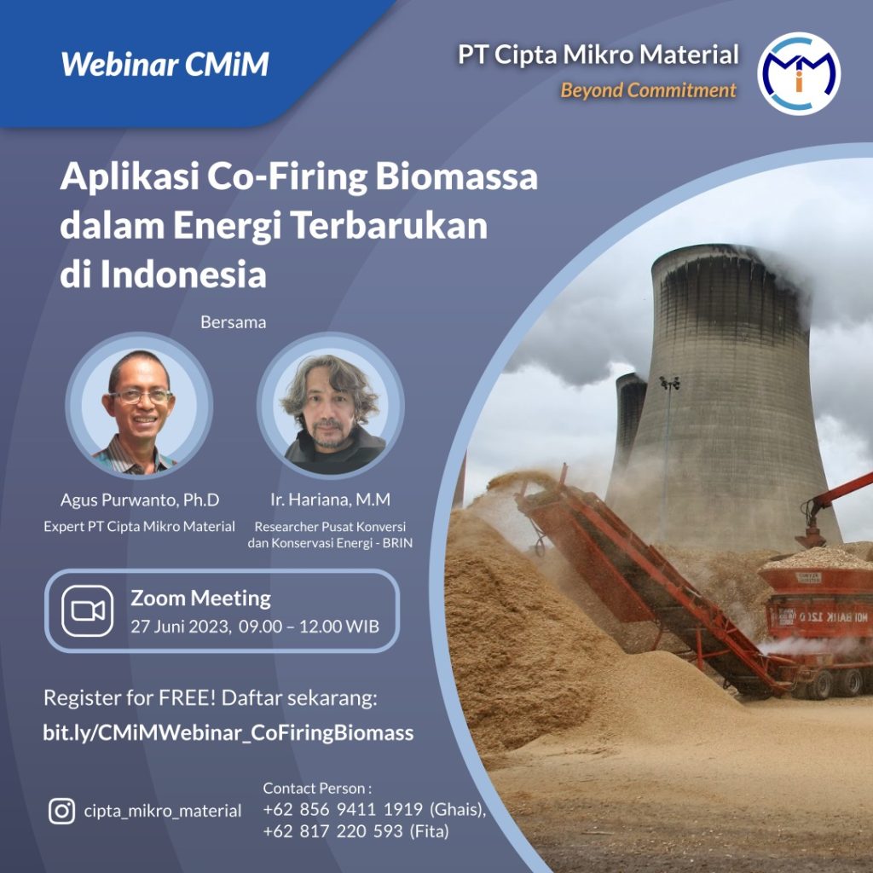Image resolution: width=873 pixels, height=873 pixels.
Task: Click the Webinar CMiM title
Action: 165,64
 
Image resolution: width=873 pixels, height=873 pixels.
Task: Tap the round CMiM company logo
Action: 798,73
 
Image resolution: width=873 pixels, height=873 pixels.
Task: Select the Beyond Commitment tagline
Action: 648,90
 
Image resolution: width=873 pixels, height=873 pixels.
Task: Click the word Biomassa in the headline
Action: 456,176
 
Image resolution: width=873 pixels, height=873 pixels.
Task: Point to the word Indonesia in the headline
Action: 183,275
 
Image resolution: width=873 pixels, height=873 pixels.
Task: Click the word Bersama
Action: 234,322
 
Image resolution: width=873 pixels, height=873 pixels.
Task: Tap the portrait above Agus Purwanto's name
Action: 139,405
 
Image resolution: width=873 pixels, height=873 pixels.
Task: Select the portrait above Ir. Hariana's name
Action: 331,405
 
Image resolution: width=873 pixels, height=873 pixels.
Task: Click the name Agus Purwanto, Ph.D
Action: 140,500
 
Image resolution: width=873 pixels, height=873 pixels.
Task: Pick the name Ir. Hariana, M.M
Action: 330,500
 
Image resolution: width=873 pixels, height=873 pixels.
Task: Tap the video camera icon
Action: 88,610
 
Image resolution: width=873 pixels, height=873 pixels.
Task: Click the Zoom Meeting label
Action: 200,598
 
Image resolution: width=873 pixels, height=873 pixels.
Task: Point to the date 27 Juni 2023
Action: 179,627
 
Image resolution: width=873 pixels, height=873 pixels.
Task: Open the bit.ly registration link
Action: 228,732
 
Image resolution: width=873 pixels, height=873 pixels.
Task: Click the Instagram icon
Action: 61,811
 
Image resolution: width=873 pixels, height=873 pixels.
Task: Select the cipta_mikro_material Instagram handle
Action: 163,811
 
